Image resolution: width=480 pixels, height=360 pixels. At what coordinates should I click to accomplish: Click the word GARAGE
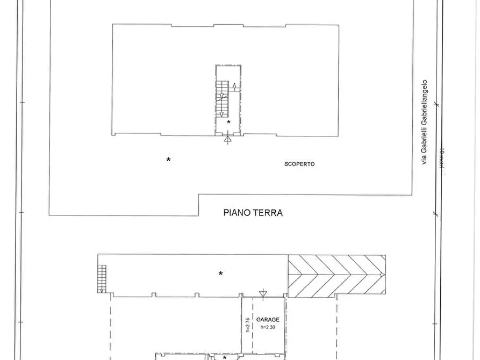[267, 319]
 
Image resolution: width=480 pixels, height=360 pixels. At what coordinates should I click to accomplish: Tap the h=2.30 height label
[267, 328]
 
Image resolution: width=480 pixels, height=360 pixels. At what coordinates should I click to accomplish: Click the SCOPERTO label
[299, 164]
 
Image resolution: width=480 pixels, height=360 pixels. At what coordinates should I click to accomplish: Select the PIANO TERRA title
[253, 213]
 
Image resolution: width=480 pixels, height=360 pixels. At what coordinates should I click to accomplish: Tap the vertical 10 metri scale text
[441, 159]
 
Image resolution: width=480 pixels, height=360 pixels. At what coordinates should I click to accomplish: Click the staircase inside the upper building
[221, 98]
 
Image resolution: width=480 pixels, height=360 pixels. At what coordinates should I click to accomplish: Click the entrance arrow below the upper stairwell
[228, 140]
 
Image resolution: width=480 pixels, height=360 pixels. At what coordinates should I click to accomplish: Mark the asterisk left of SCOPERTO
[168, 160]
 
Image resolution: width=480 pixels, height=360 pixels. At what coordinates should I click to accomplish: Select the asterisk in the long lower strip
[220, 273]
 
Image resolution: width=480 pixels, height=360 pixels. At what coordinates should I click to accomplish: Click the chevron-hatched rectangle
[336, 275]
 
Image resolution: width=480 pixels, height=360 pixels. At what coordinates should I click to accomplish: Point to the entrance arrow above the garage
[262, 293]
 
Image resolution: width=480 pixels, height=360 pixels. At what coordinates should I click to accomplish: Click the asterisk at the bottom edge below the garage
[225, 357]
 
